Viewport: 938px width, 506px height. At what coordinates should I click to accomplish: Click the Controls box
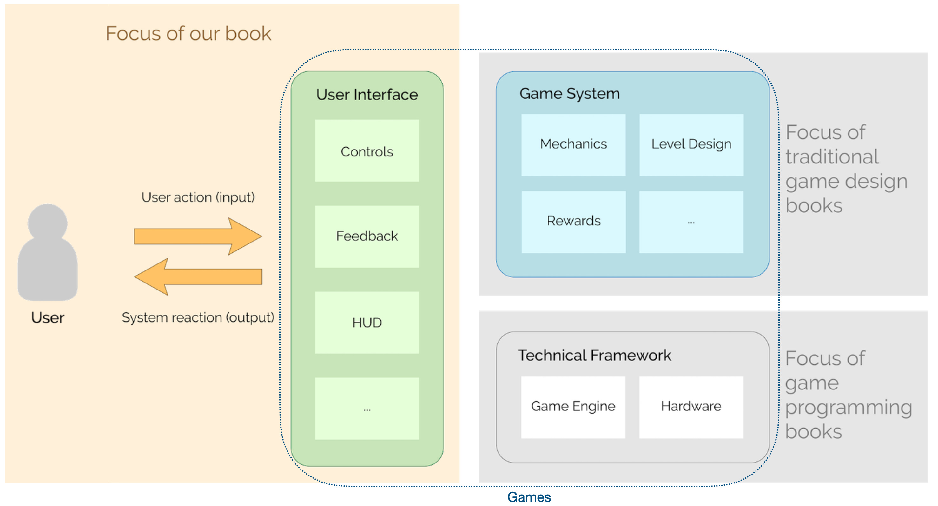pos(367,151)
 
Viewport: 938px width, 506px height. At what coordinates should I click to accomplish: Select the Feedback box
pos(367,236)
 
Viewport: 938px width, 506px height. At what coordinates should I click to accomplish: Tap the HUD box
pos(367,323)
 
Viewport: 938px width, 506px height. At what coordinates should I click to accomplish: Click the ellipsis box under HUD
pos(367,408)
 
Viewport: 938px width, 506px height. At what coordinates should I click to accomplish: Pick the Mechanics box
pos(573,145)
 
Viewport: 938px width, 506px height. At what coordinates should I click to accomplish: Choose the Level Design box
pos(691,145)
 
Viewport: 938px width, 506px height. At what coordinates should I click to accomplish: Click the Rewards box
pos(573,222)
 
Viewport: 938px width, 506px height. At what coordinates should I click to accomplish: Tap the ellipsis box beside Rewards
pos(691,222)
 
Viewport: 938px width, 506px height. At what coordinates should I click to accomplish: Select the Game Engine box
pos(573,407)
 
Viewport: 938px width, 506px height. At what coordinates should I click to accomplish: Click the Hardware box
pos(691,407)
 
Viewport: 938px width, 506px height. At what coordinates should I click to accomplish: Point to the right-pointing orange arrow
pos(198,236)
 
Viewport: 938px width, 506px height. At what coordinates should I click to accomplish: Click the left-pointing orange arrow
pos(198,276)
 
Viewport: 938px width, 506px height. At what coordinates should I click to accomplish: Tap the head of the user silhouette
pos(47,222)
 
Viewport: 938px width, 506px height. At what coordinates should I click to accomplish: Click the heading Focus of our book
pos(188,34)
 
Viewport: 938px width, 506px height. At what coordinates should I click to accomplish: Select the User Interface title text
pos(367,95)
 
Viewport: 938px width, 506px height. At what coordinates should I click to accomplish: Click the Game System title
pos(569,94)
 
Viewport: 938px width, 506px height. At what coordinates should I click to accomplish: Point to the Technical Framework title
pos(594,355)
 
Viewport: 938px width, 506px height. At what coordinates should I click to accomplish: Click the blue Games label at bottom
pos(529,497)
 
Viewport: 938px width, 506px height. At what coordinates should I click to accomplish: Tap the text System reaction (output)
pos(198,317)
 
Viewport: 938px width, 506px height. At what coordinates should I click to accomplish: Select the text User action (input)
pos(198,197)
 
